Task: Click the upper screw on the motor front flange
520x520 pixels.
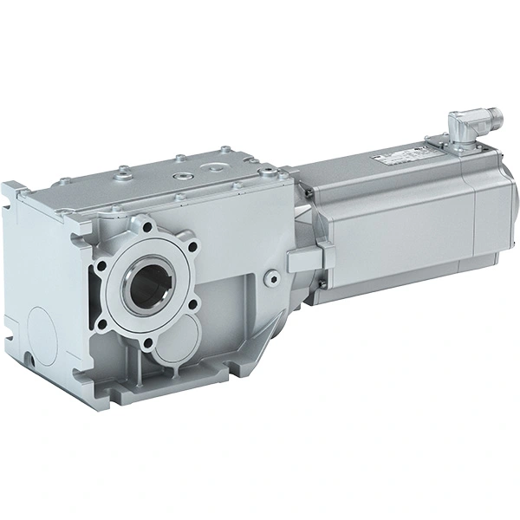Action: (322, 187)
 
